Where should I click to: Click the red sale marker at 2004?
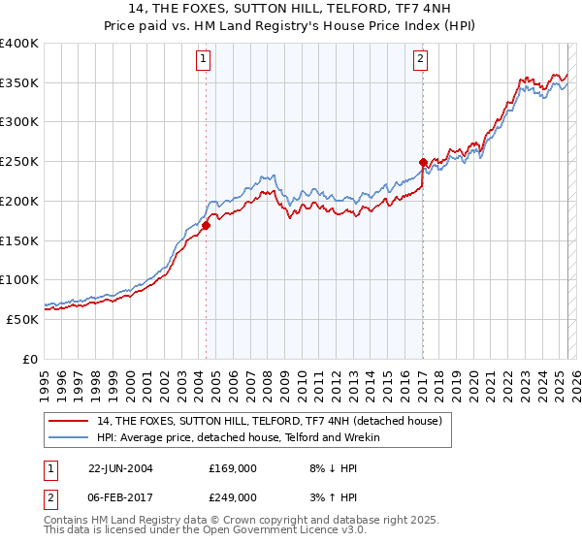pyautogui.click(x=207, y=226)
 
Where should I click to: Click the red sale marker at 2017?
pyautogui.click(x=423, y=163)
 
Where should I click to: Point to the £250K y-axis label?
pyautogui.click(x=19, y=162)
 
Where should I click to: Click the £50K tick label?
pyautogui.click(x=23, y=319)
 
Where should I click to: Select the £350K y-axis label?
pyautogui.click(x=19, y=83)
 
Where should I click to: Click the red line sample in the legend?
pyautogui.click(x=71, y=421)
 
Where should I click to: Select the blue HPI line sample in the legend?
pyautogui.click(x=71, y=437)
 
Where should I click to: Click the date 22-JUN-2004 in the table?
pyautogui.click(x=121, y=469)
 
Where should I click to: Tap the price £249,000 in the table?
pyautogui.click(x=233, y=497)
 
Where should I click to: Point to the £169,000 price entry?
pyautogui.click(x=233, y=469)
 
